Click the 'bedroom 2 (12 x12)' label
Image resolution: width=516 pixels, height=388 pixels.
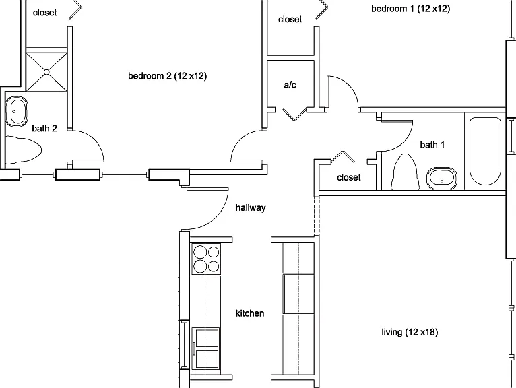(168, 76)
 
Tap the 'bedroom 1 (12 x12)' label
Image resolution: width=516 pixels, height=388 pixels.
(411, 9)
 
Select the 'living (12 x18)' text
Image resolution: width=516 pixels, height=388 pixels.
(410, 332)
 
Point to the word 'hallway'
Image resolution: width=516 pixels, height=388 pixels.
(251, 207)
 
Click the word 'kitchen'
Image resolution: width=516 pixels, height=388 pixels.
(250, 313)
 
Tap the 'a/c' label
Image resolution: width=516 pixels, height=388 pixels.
(290, 85)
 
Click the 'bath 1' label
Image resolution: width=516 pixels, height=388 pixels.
(432, 145)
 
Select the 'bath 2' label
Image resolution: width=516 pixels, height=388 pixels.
(44, 129)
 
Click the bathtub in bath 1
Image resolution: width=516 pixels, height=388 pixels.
(485, 151)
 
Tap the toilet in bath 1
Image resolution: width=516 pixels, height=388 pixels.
(405, 172)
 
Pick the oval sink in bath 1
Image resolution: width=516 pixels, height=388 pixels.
(442, 179)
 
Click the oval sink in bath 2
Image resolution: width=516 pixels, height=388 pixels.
(16, 111)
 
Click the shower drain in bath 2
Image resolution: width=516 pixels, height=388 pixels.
(46, 72)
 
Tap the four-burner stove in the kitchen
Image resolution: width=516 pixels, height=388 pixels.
(206, 259)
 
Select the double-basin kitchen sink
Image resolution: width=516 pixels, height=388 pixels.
(205, 348)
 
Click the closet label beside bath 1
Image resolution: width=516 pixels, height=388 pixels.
(349, 177)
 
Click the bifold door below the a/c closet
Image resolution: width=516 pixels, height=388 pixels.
(294, 114)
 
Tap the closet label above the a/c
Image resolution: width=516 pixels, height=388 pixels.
(290, 20)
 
